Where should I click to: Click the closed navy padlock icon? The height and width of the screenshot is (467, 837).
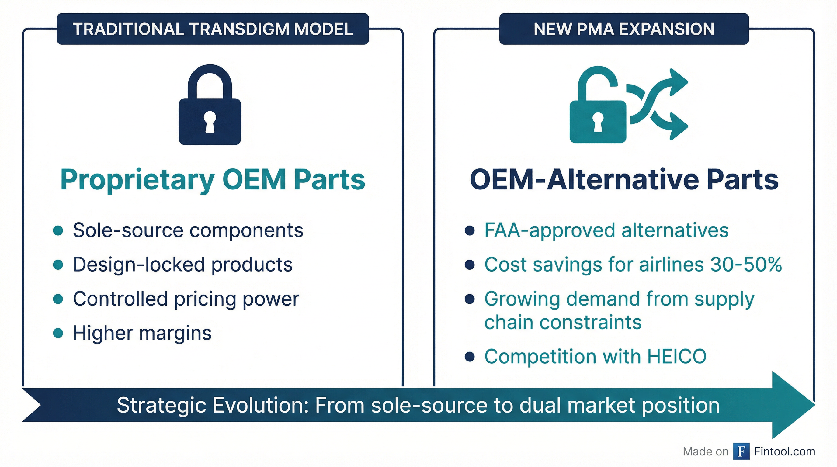tap(210, 105)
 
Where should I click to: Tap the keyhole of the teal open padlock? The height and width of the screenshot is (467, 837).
tap(598, 122)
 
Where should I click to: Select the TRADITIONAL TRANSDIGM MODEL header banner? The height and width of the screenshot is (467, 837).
tap(213, 29)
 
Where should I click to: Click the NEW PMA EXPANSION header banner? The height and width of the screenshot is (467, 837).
tap(624, 29)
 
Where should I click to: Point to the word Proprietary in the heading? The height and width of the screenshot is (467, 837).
tap(137, 181)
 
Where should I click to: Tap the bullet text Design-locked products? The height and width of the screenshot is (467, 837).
tap(182, 265)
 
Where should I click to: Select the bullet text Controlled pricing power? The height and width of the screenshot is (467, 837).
tap(186, 299)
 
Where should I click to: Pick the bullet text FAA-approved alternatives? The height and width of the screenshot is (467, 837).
tap(606, 230)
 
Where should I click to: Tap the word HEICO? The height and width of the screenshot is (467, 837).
tap(677, 357)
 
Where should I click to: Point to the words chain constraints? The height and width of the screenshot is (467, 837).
tap(563, 323)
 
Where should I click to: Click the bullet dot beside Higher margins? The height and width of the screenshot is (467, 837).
tap(58, 333)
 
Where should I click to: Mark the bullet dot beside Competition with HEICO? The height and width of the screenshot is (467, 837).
tap(470, 357)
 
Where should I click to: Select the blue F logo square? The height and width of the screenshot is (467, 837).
tap(741, 451)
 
